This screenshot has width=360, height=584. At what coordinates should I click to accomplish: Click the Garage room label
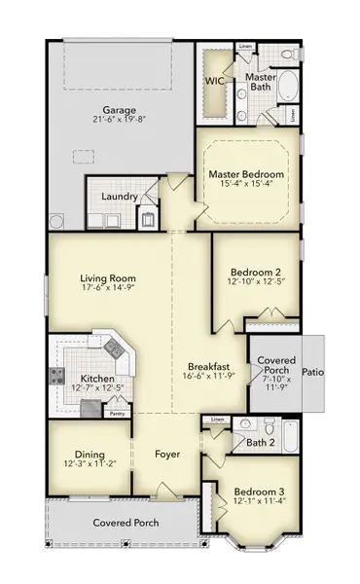(123, 110)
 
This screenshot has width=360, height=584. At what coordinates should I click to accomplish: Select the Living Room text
(108, 278)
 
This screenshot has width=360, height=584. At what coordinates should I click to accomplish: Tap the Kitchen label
(98, 379)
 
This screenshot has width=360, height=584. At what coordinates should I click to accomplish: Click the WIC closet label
(214, 83)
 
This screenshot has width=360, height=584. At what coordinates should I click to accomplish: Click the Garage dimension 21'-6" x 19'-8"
(123, 122)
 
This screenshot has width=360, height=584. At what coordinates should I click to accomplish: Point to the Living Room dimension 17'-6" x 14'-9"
(108, 290)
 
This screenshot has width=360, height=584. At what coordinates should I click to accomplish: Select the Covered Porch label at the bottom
(126, 524)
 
